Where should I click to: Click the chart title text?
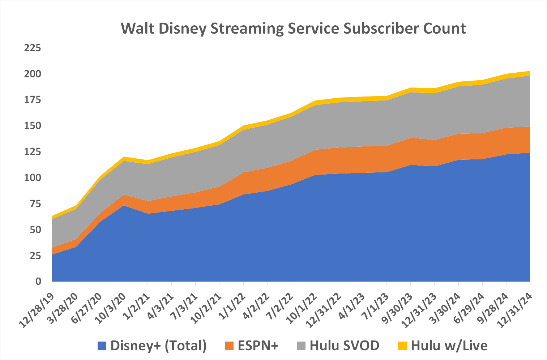click(293, 28)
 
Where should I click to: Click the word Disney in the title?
click(182, 28)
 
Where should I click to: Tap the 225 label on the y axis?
click(33, 48)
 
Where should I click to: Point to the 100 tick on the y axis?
click(33, 178)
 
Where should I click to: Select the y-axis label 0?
click(38, 282)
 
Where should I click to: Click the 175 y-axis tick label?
click(33, 100)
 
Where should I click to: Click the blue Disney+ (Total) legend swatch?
click(102, 346)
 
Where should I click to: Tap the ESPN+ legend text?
click(258, 346)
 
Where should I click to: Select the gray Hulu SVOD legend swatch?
click(302, 346)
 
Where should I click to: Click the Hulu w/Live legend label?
click(449, 346)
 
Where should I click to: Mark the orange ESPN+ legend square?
click(230, 346)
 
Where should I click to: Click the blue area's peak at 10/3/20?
click(124, 206)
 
